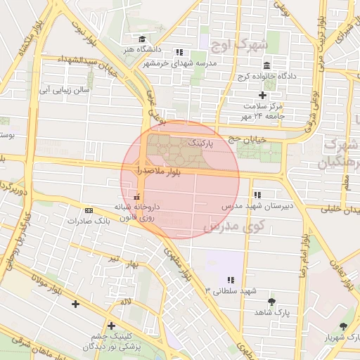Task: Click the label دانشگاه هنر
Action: pyautogui.click(x=164, y=51)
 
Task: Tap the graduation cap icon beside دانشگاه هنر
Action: pyautogui.click(x=142, y=39)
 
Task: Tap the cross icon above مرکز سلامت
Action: pyautogui.click(x=263, y=95)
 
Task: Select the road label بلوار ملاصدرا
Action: pyautogui.click(x=160, y=171)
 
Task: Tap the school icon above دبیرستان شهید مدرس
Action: pyautogui.click(x=257, y=195)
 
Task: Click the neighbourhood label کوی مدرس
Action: pyautogui.click(x=233, y=226)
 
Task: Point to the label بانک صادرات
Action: pyautogui.click(x=89, y=221)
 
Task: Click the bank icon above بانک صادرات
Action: pyautogui.click(x=89, y=210)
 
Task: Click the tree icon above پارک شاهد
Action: pyautogui.click(x=271, y=302)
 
